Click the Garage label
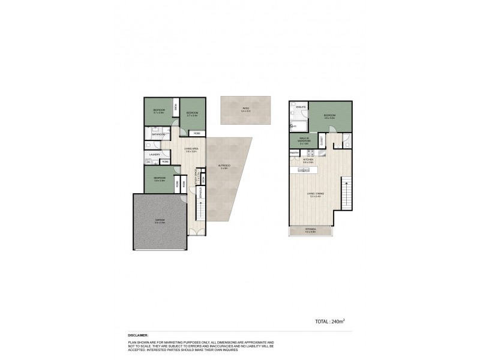(160, 220)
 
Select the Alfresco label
(224, 166)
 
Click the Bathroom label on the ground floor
(158, 134)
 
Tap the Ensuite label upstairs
(301, 107)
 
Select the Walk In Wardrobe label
(299, 142)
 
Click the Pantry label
(295, 153)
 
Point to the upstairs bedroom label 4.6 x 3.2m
(329, 116)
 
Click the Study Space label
(196, 178)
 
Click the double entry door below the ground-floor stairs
(194, 231)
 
